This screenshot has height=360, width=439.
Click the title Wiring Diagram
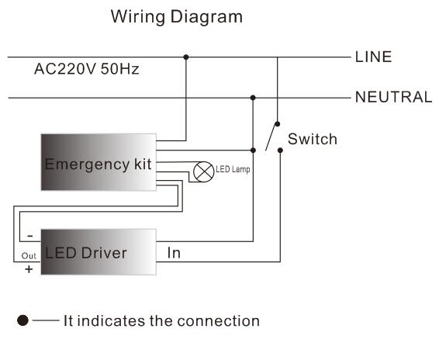click(x=176, y=16)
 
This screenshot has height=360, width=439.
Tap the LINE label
click(x=373, y=57)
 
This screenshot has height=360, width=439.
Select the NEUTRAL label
click(x=393, y=97)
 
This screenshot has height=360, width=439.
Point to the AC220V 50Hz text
click(x=87, y=69)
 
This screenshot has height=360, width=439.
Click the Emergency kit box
click(x=98, y=162)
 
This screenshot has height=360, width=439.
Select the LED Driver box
click(x=98, y=252)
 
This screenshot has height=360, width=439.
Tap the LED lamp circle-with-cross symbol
click(x=202, y=171)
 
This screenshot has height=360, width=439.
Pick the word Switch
click(x=312, y=140)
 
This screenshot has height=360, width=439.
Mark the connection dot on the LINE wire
click(x=185, y=57)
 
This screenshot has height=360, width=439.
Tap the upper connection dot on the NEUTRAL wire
click(x=253, y=97)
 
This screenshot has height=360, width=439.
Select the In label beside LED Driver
click(x=174, y=253)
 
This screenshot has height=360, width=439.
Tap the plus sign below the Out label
click(x=29, y=269)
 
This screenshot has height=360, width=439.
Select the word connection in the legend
click(x=222, y=320)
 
